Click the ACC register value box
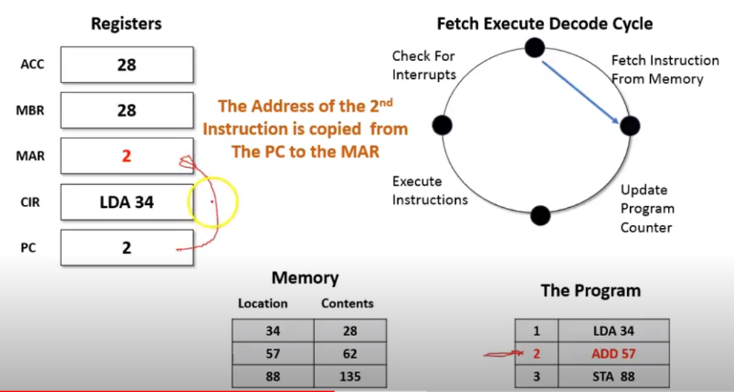[127, 65]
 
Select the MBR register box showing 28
[127, 111]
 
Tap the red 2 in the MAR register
[127, 156]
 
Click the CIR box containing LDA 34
[127, 202]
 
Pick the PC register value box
[127, 248]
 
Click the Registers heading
[126, 24]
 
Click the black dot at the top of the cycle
[534, 47]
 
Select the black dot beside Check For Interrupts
[443, 125]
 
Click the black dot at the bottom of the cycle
[540, 215]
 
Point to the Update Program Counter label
[647, 209]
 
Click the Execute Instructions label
[429, 191]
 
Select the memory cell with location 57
[272, 353]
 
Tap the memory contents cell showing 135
[351, 376]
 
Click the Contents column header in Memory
[347, 303]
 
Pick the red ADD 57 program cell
[613, 353]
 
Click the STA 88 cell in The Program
[613, 376]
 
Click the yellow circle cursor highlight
[212, 203]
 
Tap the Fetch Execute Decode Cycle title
[544, 24]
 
